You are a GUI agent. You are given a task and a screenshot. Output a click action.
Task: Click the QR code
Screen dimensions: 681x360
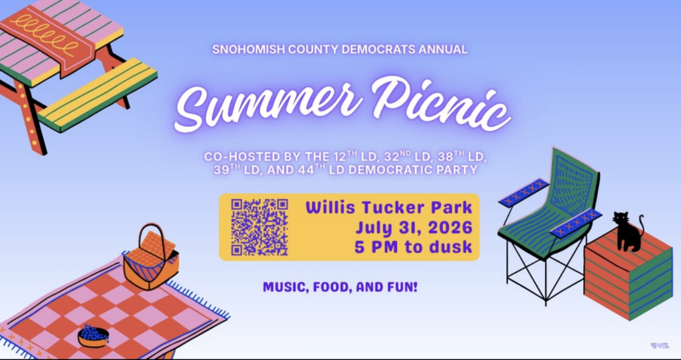tap(260, 227)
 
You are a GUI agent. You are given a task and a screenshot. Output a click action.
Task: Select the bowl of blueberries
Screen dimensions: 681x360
tap(93, 337)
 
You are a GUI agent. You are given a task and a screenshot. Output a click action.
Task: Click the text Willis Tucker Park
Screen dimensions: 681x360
tap(388, 208)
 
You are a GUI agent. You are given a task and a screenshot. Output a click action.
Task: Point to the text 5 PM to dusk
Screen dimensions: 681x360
tap(413, 247)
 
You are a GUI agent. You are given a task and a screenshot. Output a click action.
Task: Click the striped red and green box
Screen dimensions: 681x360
tap(628, 274)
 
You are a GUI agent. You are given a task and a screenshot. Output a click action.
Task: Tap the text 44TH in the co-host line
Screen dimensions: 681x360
tap(311, 170)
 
